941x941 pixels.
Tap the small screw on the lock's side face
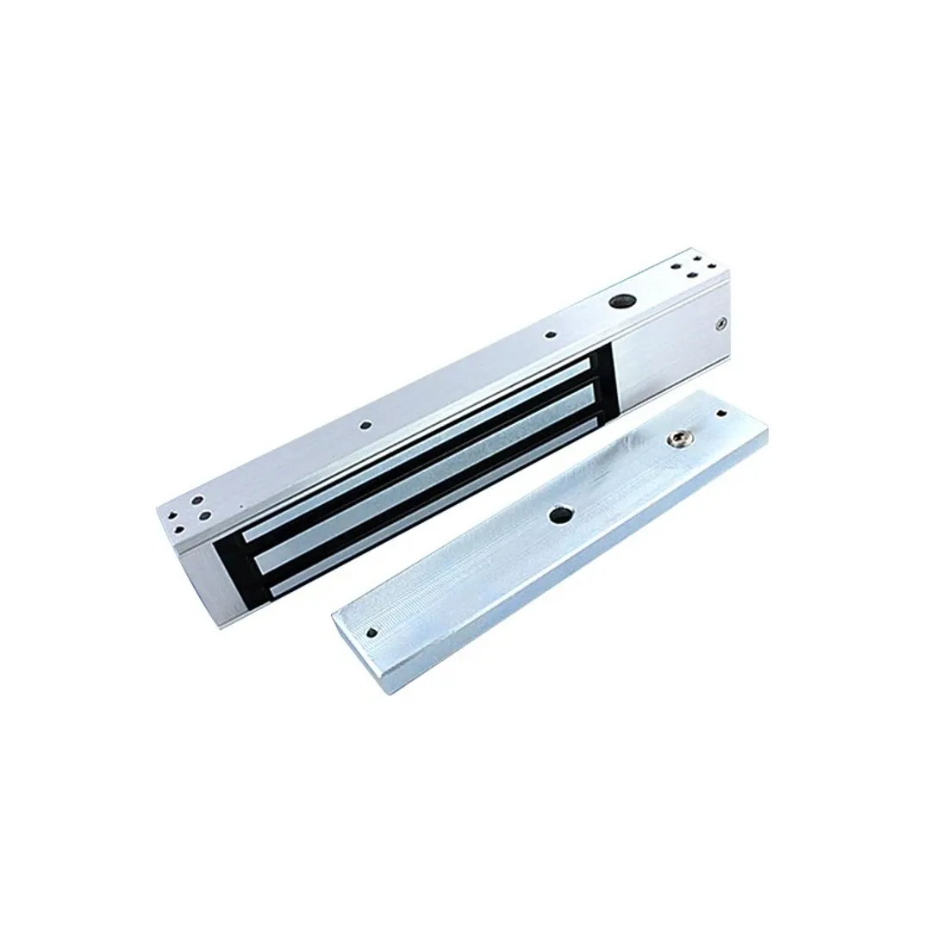[720, 325]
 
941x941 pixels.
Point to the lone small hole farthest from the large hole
[366, 425]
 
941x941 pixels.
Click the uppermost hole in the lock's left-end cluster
[198, 501]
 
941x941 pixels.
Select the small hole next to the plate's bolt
[720, 414]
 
